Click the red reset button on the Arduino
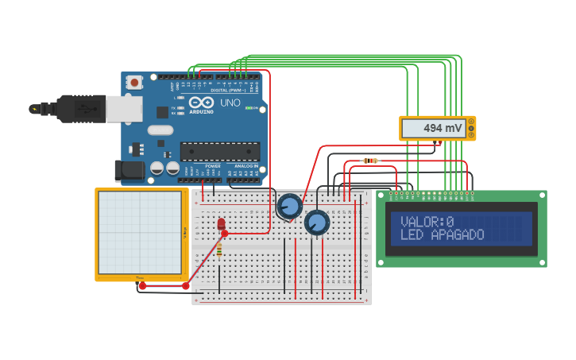tap(134, 82)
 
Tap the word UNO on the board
tap(230, 103)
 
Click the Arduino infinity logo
tap(201, 103)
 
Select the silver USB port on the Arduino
tap(124, 109)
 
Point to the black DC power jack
tap(129, 171)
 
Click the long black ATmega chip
tap(220, 151)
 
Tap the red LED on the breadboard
tap(221, 224)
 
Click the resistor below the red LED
tap(219, 250)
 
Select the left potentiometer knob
tap(290, 207)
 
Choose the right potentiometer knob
tap(317, 223)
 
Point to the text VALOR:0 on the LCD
tap(427, 222)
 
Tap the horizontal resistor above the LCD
tap(370, 161)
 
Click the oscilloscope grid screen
tap(140, 232)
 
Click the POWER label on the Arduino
tap(213, 166)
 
